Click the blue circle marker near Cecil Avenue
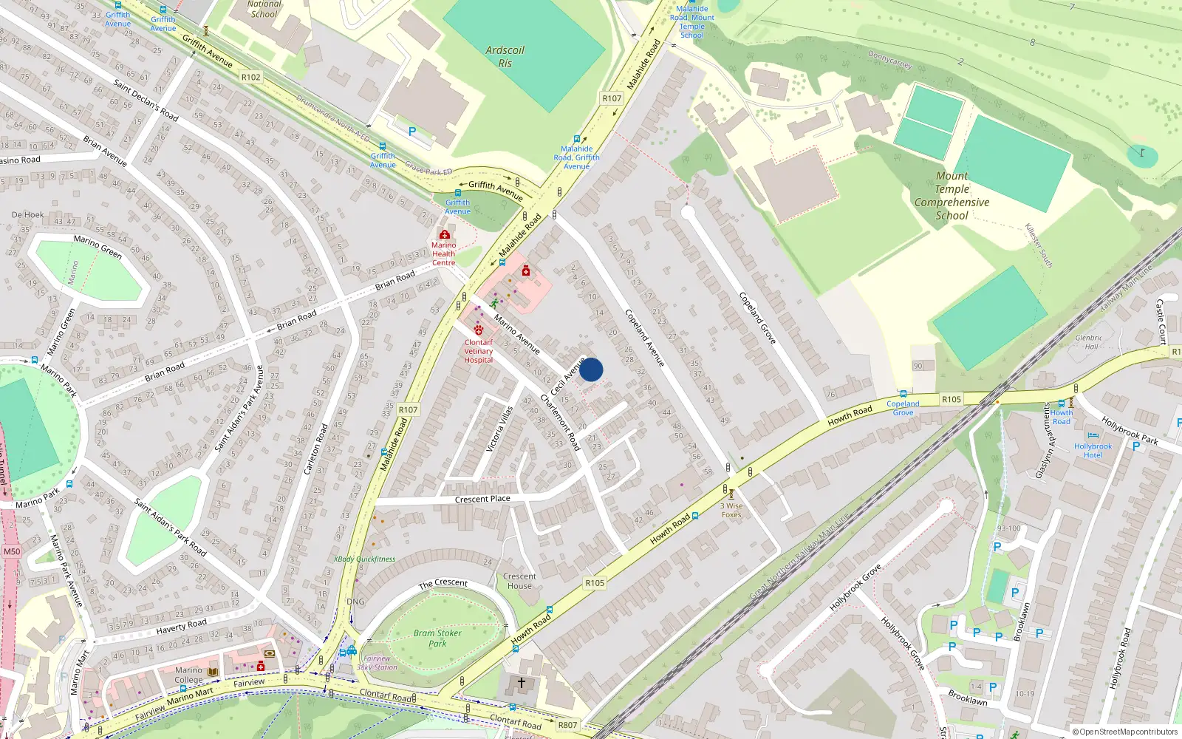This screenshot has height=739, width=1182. click(x=591, y=369)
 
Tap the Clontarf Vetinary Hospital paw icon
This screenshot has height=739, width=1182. click(x=479, y=330)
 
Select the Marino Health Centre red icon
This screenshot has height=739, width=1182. click(x=444, y=235)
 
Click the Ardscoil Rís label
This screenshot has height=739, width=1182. click(x=505, y=57)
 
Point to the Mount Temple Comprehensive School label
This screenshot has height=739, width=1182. click(x=952, y=196)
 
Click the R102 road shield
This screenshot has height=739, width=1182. click(x=251, y=77)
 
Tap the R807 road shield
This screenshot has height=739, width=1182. click(x=567, y=725)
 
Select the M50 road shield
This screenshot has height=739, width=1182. click(x=12, y=551)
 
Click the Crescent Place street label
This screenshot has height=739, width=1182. click(x=482, y=499)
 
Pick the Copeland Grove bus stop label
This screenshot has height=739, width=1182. click(x=903, y=408)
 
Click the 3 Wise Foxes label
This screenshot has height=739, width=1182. click(x=731, y=510)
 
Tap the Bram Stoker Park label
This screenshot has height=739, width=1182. click(x=437, y=638)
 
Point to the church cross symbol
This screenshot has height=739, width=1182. click(x=522, y=683)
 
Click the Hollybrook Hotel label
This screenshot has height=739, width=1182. click(x=1093, y=451)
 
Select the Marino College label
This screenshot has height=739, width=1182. click(x=188, y=675)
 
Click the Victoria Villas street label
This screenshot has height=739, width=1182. click(x=499, y=429)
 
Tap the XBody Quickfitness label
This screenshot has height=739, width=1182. click(x=365, y=559)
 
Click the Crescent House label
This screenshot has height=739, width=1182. click(x=519, y=581)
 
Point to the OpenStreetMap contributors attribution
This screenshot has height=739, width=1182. click(x=1125, y=732)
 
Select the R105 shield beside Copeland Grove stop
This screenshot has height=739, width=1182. click(x=952, y=399)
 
